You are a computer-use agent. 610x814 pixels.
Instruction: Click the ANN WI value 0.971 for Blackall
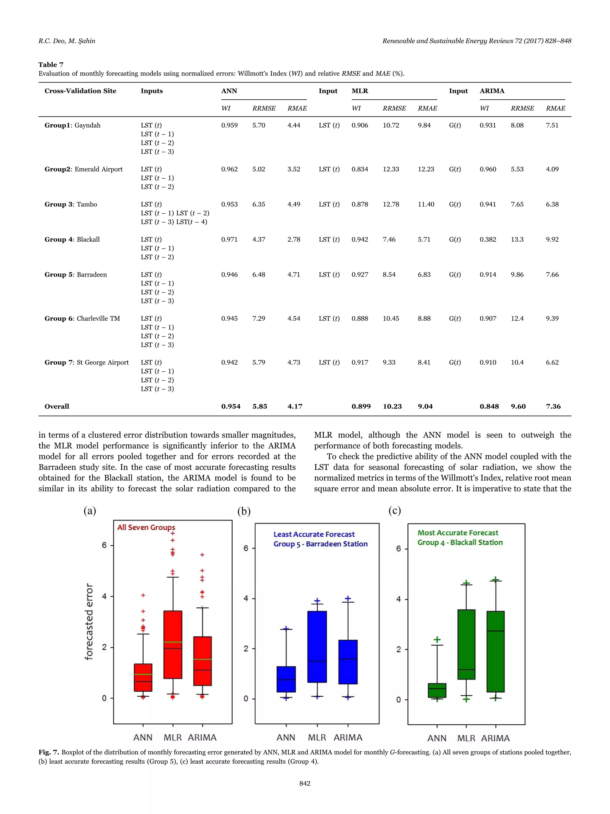pyautogui.click(x=229, y=240)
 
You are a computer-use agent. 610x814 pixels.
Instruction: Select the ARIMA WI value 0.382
pyautogui.click(x=488, y=240)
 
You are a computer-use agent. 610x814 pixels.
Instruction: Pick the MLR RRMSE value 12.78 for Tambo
pyautogui.click(x=390, y=204)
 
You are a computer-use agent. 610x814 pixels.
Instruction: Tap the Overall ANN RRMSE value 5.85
pyautogui.click(x=260, y=406)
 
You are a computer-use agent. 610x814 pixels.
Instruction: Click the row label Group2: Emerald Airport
pyautogui.click(x=83, y=169)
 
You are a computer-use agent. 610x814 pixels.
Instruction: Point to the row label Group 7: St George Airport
pyautogui.click(x=86, y=362)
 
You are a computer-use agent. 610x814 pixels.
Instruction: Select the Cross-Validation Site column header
pyautogui.click(x=80, y=91)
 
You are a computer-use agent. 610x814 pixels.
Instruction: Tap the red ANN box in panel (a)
pyautogui.click(x=143, y=677)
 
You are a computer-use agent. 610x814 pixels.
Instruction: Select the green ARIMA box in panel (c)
pyautogui.click(x=495, y=651)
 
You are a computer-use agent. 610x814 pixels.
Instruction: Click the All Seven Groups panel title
pyautogui.click(x=146, y=527)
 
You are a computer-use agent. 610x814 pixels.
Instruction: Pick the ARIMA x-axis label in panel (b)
pyautogui.click(x=348, y=737)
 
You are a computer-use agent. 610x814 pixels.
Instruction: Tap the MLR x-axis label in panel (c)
pyautogui.click(x=466, y=738)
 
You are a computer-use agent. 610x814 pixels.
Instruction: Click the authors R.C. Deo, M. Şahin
pyautogui.click(x=66, y=41)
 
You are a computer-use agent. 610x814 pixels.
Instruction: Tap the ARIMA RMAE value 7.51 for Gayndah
pyautogui.click(x=552, y=125)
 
